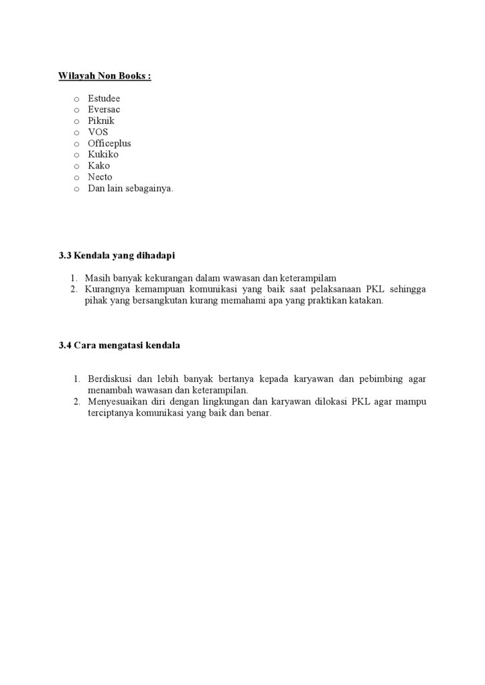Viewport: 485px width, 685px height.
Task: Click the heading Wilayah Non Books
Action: pyautogui.click(x=105, y=76)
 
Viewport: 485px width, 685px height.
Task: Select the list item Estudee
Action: pyautogui.click(x=104, y=98)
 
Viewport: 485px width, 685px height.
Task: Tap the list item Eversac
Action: pyautogui.click(x=104, y=110)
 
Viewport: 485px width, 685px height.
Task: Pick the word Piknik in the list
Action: pyautogui.click(x=101, y=121)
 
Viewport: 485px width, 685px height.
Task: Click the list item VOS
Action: pyautogui.click(x=98, y=132)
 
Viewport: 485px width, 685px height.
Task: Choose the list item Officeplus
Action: pyautogui.click(x=109, y=144)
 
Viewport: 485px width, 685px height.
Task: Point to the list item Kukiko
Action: pyautogui.click(x=103, y=155)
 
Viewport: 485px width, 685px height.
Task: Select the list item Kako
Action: pyautogui.click(x=98, y=166)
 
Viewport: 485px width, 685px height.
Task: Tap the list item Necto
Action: pyautogui.click(x=100, y=177)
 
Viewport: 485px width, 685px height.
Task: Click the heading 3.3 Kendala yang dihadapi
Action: pyautogui.click(x=117, y=256)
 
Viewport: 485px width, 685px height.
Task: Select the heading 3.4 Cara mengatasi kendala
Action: pyautogui.click(x=119, y=346)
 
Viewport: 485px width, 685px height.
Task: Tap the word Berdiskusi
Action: pyautogui.click(x=109, y=379)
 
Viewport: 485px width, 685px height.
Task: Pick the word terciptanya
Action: pyautogui.click(x=110, y=413)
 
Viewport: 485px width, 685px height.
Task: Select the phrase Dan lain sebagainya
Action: pyautogui.click(x=131, y=189)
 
